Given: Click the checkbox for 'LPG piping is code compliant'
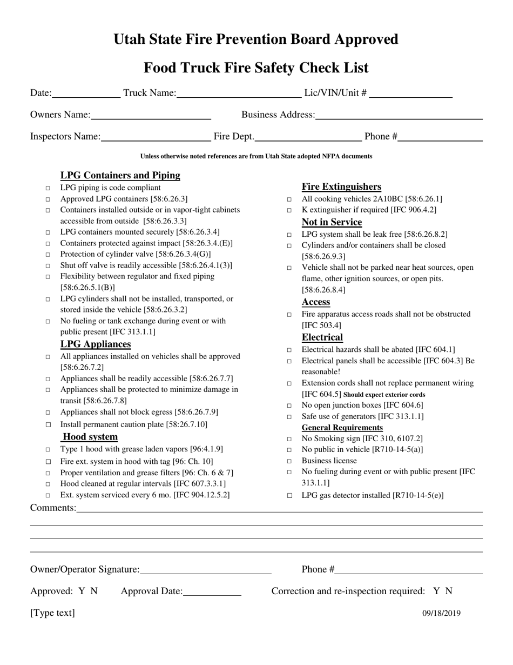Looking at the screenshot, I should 48,188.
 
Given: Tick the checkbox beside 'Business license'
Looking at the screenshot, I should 289,461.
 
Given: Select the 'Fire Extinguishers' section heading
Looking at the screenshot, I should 341,187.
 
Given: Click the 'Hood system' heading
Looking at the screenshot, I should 90,437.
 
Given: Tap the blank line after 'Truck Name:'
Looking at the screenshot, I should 239,94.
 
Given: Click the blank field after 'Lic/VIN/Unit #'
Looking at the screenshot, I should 410,94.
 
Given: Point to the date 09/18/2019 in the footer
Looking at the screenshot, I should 441,613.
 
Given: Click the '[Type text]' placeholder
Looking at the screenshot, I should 52,613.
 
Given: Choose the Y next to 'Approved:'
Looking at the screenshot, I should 82,591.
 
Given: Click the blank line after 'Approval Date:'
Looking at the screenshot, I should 212,591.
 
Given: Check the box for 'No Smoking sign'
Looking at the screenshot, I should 289,439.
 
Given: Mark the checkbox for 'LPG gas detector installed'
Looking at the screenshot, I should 289,495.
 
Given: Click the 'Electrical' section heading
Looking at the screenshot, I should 322,337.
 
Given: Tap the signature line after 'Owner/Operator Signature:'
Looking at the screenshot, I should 205,570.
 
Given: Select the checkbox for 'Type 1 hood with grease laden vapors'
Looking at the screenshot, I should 48,450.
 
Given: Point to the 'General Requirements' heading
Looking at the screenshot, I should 342,428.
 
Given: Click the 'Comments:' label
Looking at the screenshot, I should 53,508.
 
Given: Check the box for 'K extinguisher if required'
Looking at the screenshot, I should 289,210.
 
